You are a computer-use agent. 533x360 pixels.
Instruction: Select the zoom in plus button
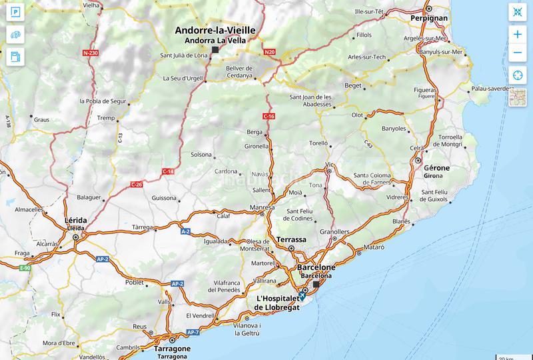(x=518, y=34)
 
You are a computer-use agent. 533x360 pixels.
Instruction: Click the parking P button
(x=15, y=13)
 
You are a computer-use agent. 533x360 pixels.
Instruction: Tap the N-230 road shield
(x=91, y=52)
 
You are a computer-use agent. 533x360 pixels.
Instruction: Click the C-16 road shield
(x=268, y=117)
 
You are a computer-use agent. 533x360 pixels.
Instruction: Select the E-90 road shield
(x=25, y=268)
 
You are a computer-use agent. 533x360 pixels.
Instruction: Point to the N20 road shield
(x=269, y=51)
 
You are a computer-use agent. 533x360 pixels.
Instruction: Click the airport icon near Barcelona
(x=302, y=296)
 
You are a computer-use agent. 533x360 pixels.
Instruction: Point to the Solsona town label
(x=201, y=155)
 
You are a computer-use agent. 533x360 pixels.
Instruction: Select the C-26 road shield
(x=136, y=184)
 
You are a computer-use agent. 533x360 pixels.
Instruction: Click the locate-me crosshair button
(x=518, y=75)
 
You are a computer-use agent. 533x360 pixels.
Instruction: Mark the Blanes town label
(x=401, y=221)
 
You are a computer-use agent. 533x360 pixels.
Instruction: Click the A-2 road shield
(x=185, y=231)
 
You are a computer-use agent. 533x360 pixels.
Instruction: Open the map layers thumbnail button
(x=518, y=98)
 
